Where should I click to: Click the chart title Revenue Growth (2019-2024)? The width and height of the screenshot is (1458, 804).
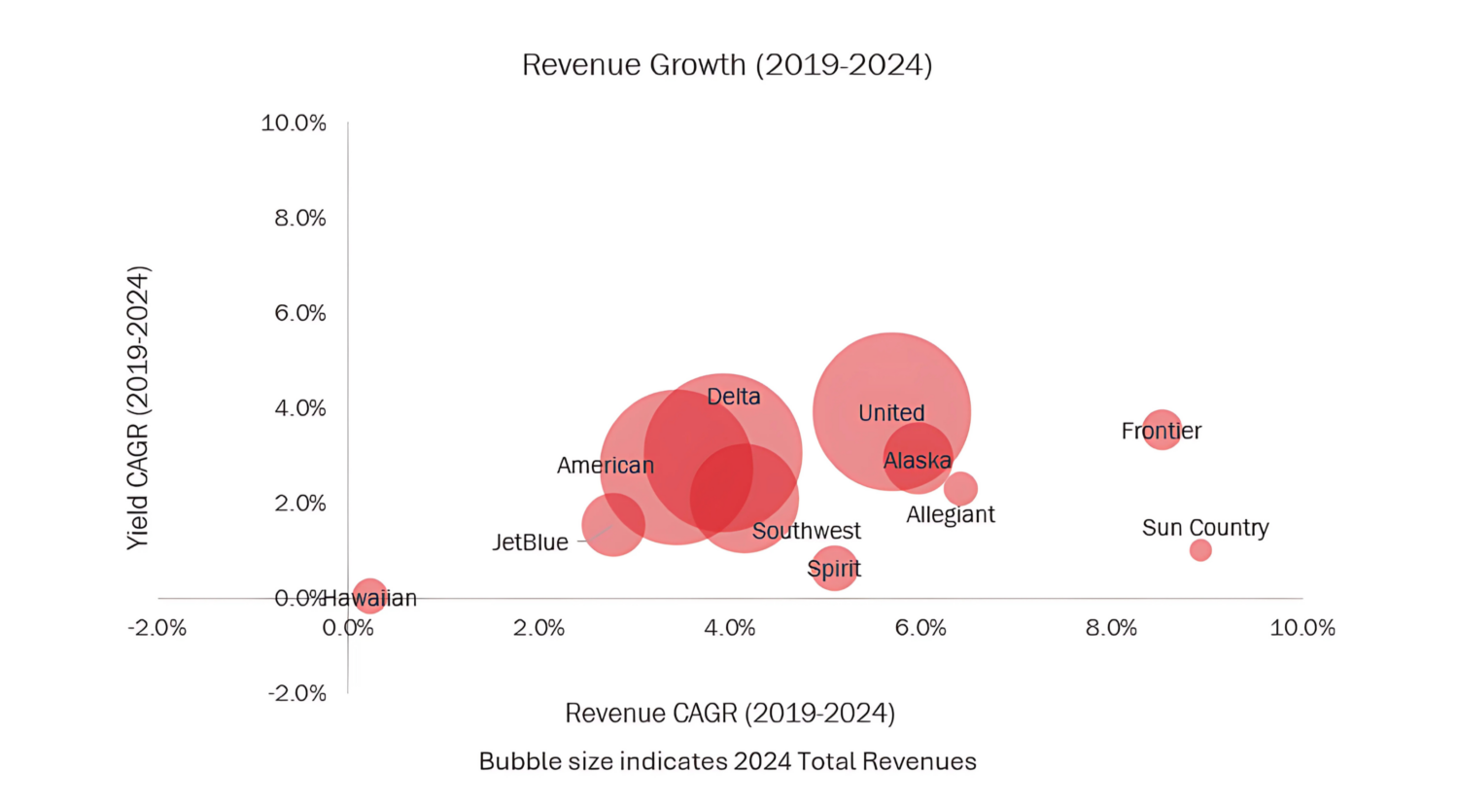[x=727, y=65]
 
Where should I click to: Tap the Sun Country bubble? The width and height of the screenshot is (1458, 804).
[x=1200, y=550]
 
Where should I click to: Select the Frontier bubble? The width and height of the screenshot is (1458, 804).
[x=1162, y=429]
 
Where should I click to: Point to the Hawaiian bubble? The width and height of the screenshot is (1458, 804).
[x=369, y=596]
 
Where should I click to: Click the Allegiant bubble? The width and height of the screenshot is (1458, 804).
[x=960, y=488]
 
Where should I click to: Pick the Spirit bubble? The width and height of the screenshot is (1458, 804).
[x=834, y=568]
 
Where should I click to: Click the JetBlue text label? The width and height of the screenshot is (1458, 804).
[x=530, y=542]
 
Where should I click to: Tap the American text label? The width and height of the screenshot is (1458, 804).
[x=606, y=466]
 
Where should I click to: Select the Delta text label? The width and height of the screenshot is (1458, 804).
[x=734, y=397]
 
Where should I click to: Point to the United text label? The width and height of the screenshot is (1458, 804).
[x=891, y=413]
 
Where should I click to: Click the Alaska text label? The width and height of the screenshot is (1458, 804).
[x=918, y=461]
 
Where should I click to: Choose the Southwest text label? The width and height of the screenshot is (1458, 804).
[x=807, y=531]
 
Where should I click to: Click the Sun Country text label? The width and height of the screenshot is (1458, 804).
[x=1205, y=527]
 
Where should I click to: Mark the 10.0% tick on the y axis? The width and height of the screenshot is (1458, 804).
[x=294, y=122]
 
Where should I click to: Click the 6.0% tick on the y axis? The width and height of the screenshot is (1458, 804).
[x=300, y=313]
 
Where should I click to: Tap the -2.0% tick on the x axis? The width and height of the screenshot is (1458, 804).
[x=157, y=628]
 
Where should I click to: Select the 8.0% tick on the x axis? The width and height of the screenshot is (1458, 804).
[x=1112, y=628]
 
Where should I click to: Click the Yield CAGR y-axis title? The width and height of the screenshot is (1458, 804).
[x=138, y=408]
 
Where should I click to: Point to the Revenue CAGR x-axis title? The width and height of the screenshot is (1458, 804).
[x=730, y=714]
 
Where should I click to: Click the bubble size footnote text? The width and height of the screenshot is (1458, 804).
[x=728, y=761]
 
